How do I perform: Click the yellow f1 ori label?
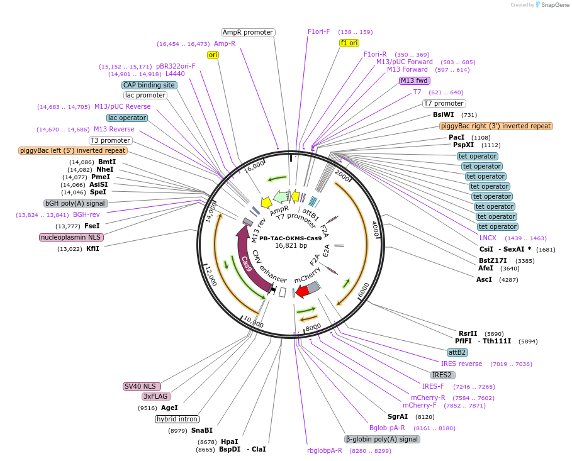point(349,43)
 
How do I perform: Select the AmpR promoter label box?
point(248,32)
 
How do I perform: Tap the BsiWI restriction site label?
point(443,115)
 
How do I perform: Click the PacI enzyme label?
point(456,137)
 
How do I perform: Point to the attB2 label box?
point(457,352)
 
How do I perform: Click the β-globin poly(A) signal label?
point(382,439)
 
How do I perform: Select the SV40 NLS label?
point(142,386)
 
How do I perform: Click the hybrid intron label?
point(177,419)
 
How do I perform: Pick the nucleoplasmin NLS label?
point(71,238)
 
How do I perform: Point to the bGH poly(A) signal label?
point(76,204)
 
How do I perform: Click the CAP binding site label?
point(149,85)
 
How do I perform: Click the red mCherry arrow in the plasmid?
point(302,291)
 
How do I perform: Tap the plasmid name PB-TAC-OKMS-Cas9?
point(290,238)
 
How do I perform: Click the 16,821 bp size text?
point(290,245)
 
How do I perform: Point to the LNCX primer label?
point(488,238)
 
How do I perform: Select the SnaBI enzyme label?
point(203,430)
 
